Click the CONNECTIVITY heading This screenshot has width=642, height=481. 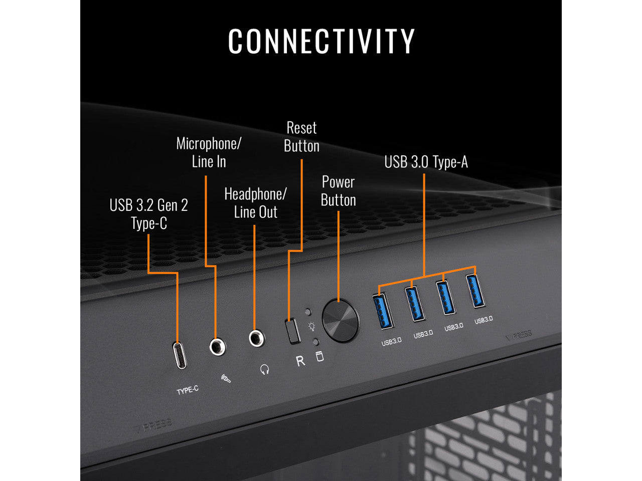[321, 41]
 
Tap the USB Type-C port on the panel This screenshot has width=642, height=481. [180, 355]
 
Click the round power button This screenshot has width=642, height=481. [341, 321]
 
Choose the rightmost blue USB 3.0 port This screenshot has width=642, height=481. [476, 291]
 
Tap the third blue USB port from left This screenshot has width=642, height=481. [445, 298]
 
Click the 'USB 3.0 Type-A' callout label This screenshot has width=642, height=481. [426, 162]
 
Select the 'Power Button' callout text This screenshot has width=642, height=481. [339, 191]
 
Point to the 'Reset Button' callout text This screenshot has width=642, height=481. [301, 137]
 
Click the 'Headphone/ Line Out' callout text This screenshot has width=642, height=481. [255, 203]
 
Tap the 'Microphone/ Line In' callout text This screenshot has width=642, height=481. [209, 152]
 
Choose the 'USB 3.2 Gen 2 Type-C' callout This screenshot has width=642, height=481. [148, 214]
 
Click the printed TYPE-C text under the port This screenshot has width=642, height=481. [188, 389]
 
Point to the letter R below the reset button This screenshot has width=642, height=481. [300, 361]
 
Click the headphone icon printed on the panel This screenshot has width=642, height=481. [264, 370]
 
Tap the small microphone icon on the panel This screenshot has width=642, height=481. [226, 378]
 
